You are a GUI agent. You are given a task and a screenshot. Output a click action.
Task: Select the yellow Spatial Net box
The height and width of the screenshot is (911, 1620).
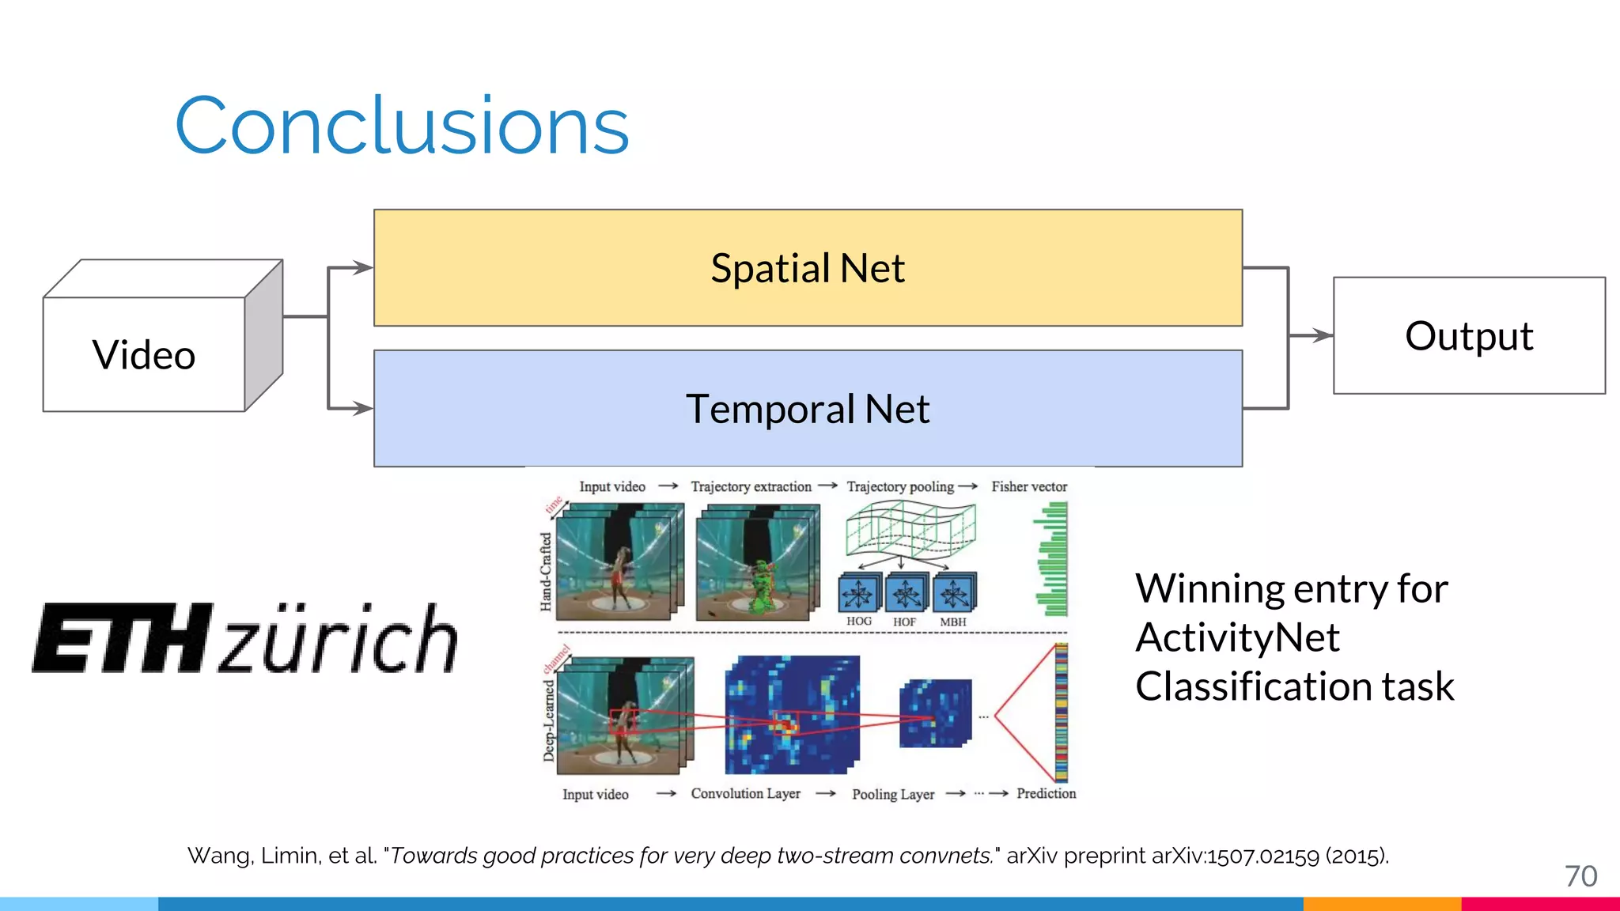(807, 267)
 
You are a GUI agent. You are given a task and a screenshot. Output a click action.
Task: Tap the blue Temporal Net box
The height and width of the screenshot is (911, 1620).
(807, 409)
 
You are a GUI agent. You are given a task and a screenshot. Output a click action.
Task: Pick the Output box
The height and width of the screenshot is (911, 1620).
(1469, 335)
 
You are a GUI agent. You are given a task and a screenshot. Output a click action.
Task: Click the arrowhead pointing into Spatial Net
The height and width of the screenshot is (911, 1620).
(364, 267)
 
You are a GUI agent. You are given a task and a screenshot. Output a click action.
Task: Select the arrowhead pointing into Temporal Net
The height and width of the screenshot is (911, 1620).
(364, 409)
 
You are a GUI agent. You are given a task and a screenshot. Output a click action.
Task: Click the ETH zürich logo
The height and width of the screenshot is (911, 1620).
(245, 639)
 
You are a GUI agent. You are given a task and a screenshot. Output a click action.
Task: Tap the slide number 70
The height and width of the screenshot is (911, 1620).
(1580, 876)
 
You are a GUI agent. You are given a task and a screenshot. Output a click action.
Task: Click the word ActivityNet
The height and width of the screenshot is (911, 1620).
(1237, 637)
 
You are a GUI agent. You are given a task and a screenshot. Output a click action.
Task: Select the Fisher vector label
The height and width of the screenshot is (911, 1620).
(1029, 486)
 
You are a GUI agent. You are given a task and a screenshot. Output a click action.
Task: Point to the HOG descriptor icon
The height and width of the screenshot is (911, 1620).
(858, 593)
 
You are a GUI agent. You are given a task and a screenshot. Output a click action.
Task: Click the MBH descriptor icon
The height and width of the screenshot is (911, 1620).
(954, 593)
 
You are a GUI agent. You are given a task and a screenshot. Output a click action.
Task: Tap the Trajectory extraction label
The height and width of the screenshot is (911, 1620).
(751, 486)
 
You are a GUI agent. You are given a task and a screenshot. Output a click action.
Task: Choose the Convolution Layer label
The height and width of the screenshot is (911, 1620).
(745, 793)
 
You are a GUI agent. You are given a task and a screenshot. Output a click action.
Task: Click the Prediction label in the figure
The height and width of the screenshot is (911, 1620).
(1046, 793)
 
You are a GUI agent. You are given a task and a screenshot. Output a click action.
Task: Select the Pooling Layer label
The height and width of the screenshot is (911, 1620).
(893, 794)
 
